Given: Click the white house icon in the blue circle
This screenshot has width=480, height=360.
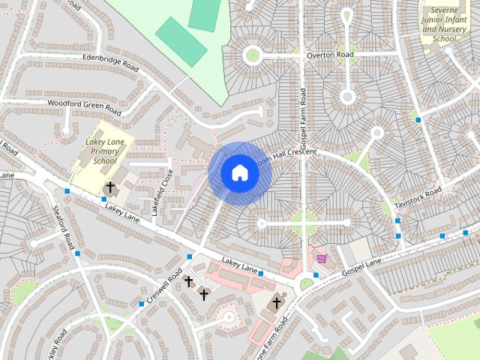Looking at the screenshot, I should [239, 173].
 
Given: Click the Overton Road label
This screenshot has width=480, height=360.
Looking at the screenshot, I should [328, 55].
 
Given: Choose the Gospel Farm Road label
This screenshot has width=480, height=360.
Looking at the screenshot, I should [303, 118].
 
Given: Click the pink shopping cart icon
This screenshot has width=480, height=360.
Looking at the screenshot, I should [321, 258].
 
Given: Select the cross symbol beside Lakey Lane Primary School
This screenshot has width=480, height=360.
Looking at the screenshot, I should [110, 187].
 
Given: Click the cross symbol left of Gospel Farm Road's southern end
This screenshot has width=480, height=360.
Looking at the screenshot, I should [276, 303].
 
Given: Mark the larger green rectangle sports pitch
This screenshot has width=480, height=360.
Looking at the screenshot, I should [181, 40].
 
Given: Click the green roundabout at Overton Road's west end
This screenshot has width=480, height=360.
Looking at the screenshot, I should [252, 54].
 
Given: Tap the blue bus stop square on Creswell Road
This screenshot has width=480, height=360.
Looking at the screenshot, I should [142, 304].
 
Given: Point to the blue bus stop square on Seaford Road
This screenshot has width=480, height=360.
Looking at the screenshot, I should [77, 253].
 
